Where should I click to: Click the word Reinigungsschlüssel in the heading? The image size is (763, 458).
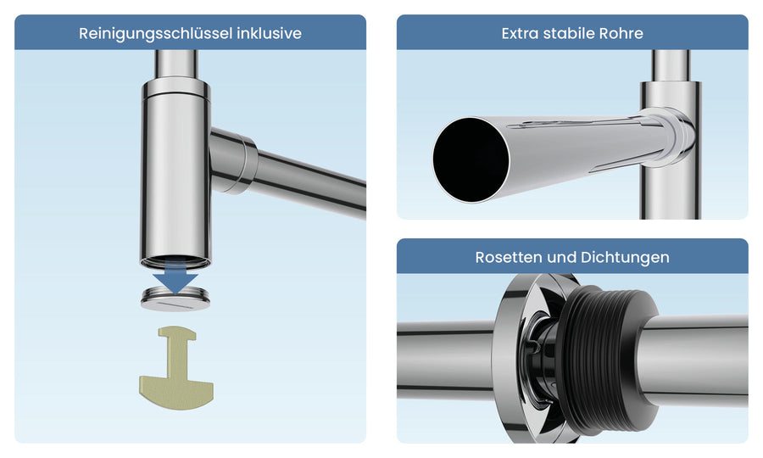(x=156, y=34)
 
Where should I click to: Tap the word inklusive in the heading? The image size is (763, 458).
(x=270, y=33)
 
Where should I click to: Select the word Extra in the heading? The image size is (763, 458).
(x=520, y=33)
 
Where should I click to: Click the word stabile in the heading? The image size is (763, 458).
(x=568, y=33)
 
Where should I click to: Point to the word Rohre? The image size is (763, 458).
(x=621, y=33)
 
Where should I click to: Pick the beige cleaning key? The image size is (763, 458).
(x=176, y=368)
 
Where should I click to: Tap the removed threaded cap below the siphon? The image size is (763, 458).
(x=175, y=299)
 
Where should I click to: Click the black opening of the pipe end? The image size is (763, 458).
(x=471, y=159)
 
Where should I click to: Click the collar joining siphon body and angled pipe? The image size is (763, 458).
(x=234, y=162)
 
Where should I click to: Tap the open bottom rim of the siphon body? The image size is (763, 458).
(x=175, y=262)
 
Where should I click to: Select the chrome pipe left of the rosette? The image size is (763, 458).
(x=445, y=360)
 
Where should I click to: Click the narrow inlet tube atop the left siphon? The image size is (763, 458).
(x=175, y=64)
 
